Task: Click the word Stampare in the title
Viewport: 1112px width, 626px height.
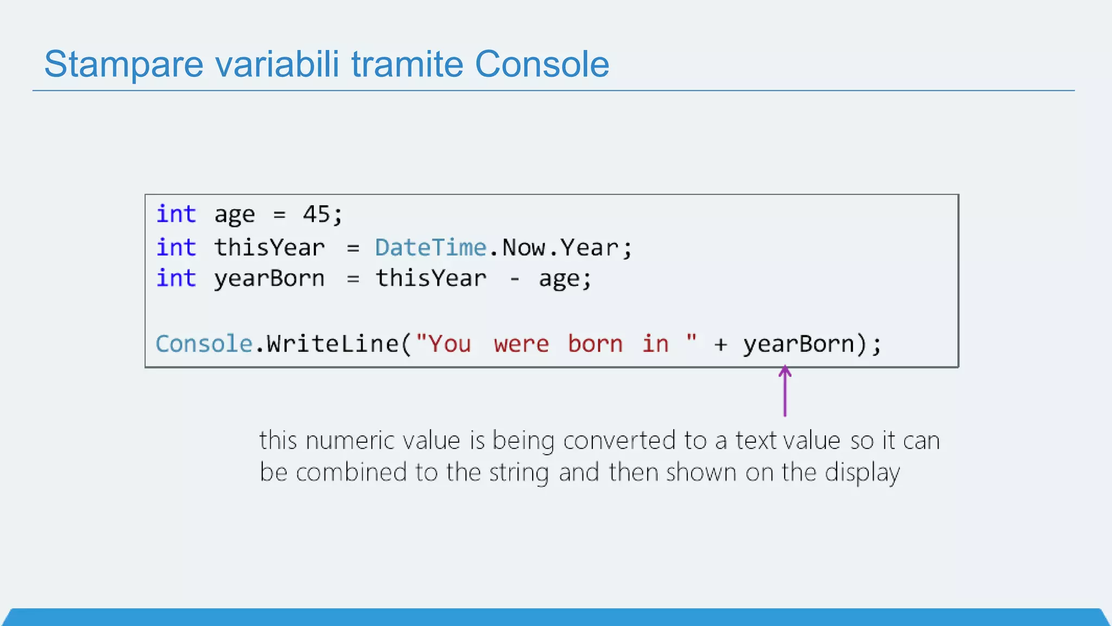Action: tap(124, 65)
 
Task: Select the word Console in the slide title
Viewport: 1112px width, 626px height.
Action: tap(542, 64)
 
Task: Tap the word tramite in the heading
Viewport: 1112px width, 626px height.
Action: tap(407, 64)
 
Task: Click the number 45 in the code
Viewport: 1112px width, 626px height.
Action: tap(317, 214)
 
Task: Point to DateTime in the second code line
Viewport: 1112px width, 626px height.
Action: tap(431, 248)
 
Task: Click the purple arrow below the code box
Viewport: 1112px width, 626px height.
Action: tap(785, 391)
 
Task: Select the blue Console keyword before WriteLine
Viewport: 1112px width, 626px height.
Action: tap(204, 344)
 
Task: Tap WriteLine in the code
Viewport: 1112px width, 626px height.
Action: tap(332, 344)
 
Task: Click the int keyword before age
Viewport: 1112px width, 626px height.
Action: tap(176, 214)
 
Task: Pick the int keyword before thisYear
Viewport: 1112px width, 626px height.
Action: tap(176, 248)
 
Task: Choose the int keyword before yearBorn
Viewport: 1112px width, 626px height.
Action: tap(176, 278)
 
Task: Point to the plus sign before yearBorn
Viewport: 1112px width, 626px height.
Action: tap(721, 345)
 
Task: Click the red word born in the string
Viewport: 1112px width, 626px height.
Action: tap(595, 344)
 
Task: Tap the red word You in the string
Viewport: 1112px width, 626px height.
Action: tap(450, 345)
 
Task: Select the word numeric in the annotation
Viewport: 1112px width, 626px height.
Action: tap(350, 440)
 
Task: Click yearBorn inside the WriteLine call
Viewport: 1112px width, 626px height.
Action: tap(798, 345)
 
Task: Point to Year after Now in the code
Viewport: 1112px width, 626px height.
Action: tap(590, 248)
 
